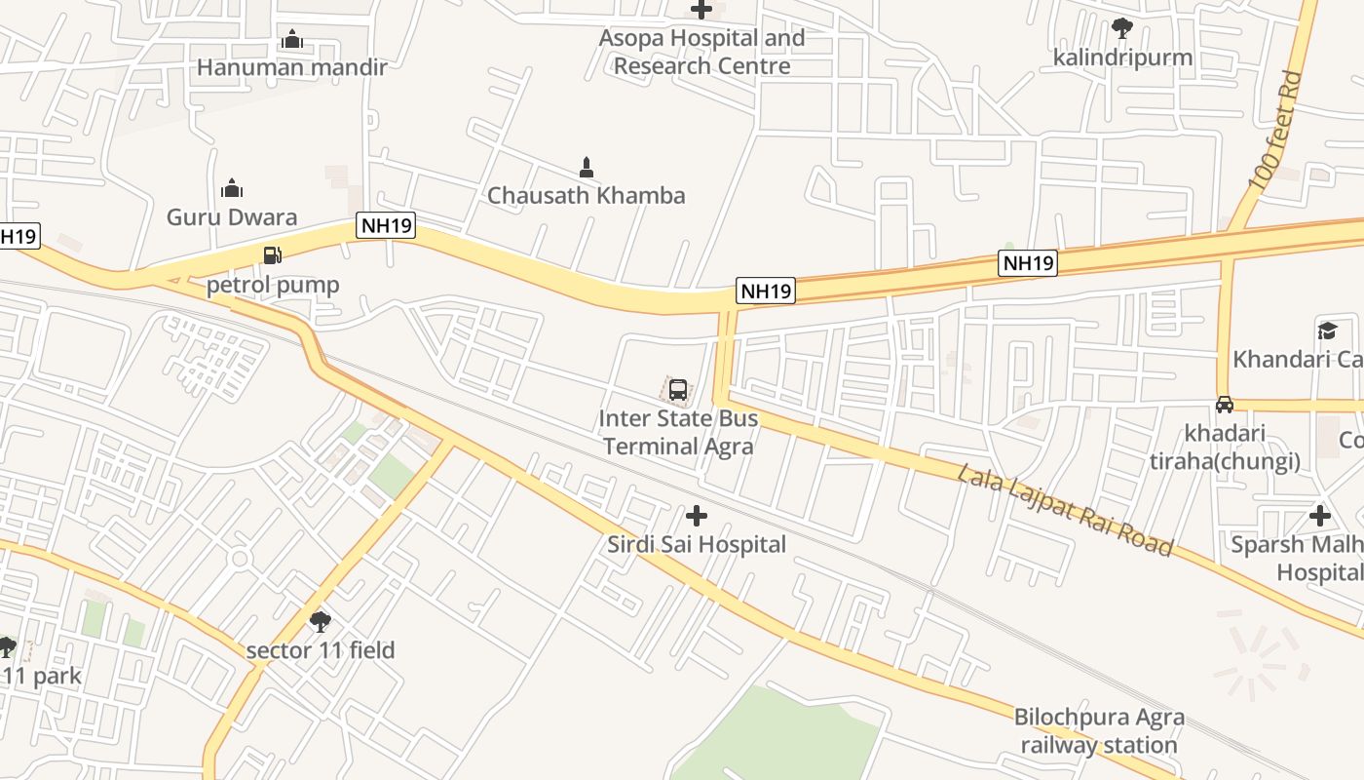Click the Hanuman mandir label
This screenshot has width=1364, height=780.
click(x=291, y=67)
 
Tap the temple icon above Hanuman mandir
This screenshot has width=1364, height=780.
click(x=291, y=39)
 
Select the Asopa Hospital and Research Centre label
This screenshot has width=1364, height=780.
click(x=701, y=52)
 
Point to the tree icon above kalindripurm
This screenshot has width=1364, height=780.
click(x=1122, y=28)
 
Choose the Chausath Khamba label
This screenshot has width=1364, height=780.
click(x=586, y=195)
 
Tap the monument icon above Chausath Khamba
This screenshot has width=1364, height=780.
click(x=587, y=168)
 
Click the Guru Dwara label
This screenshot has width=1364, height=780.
click(x=232, y=216)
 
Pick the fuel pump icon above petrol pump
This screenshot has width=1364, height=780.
click(x=273, y=255)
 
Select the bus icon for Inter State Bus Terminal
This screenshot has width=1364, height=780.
click(x=678, y=391)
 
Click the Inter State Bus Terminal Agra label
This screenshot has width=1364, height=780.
click(x=678, y=433)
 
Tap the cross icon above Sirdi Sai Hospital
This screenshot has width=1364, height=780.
click(x=697, y=516)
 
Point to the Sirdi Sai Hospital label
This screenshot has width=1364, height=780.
click(x=697, y=544)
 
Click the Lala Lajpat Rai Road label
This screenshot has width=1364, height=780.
click(x=1064, y=510)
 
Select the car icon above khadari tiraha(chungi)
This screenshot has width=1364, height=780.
click(x=1225, y=405)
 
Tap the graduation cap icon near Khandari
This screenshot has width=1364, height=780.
click(x=1327, y=331)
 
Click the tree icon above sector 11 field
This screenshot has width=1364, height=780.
click(x=320, y=621)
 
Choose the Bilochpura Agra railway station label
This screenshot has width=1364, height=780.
click(x=1099, y=731)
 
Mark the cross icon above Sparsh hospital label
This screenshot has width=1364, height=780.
click(x=1320, y=516)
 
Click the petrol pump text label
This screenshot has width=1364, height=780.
click(x=273, y=285)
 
